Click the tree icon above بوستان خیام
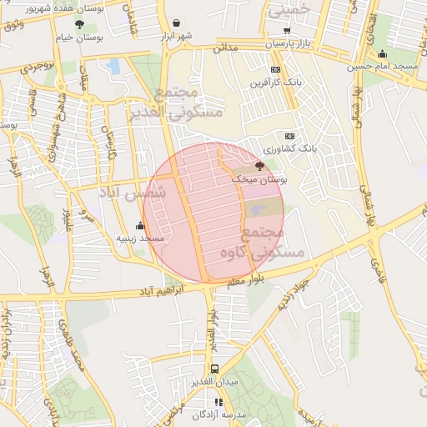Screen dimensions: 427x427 79,24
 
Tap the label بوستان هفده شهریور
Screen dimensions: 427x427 35,8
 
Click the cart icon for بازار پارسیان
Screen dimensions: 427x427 287,30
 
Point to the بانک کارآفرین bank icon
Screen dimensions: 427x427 275,70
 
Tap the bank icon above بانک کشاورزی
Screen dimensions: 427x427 289,136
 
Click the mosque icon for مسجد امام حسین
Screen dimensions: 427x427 382,54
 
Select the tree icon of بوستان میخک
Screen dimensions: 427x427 259,165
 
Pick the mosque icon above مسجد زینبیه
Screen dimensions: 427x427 139,225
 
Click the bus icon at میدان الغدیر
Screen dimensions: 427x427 215,368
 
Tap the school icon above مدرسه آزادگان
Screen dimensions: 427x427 219,402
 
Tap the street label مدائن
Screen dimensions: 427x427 225,48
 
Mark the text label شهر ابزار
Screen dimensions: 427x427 176,36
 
